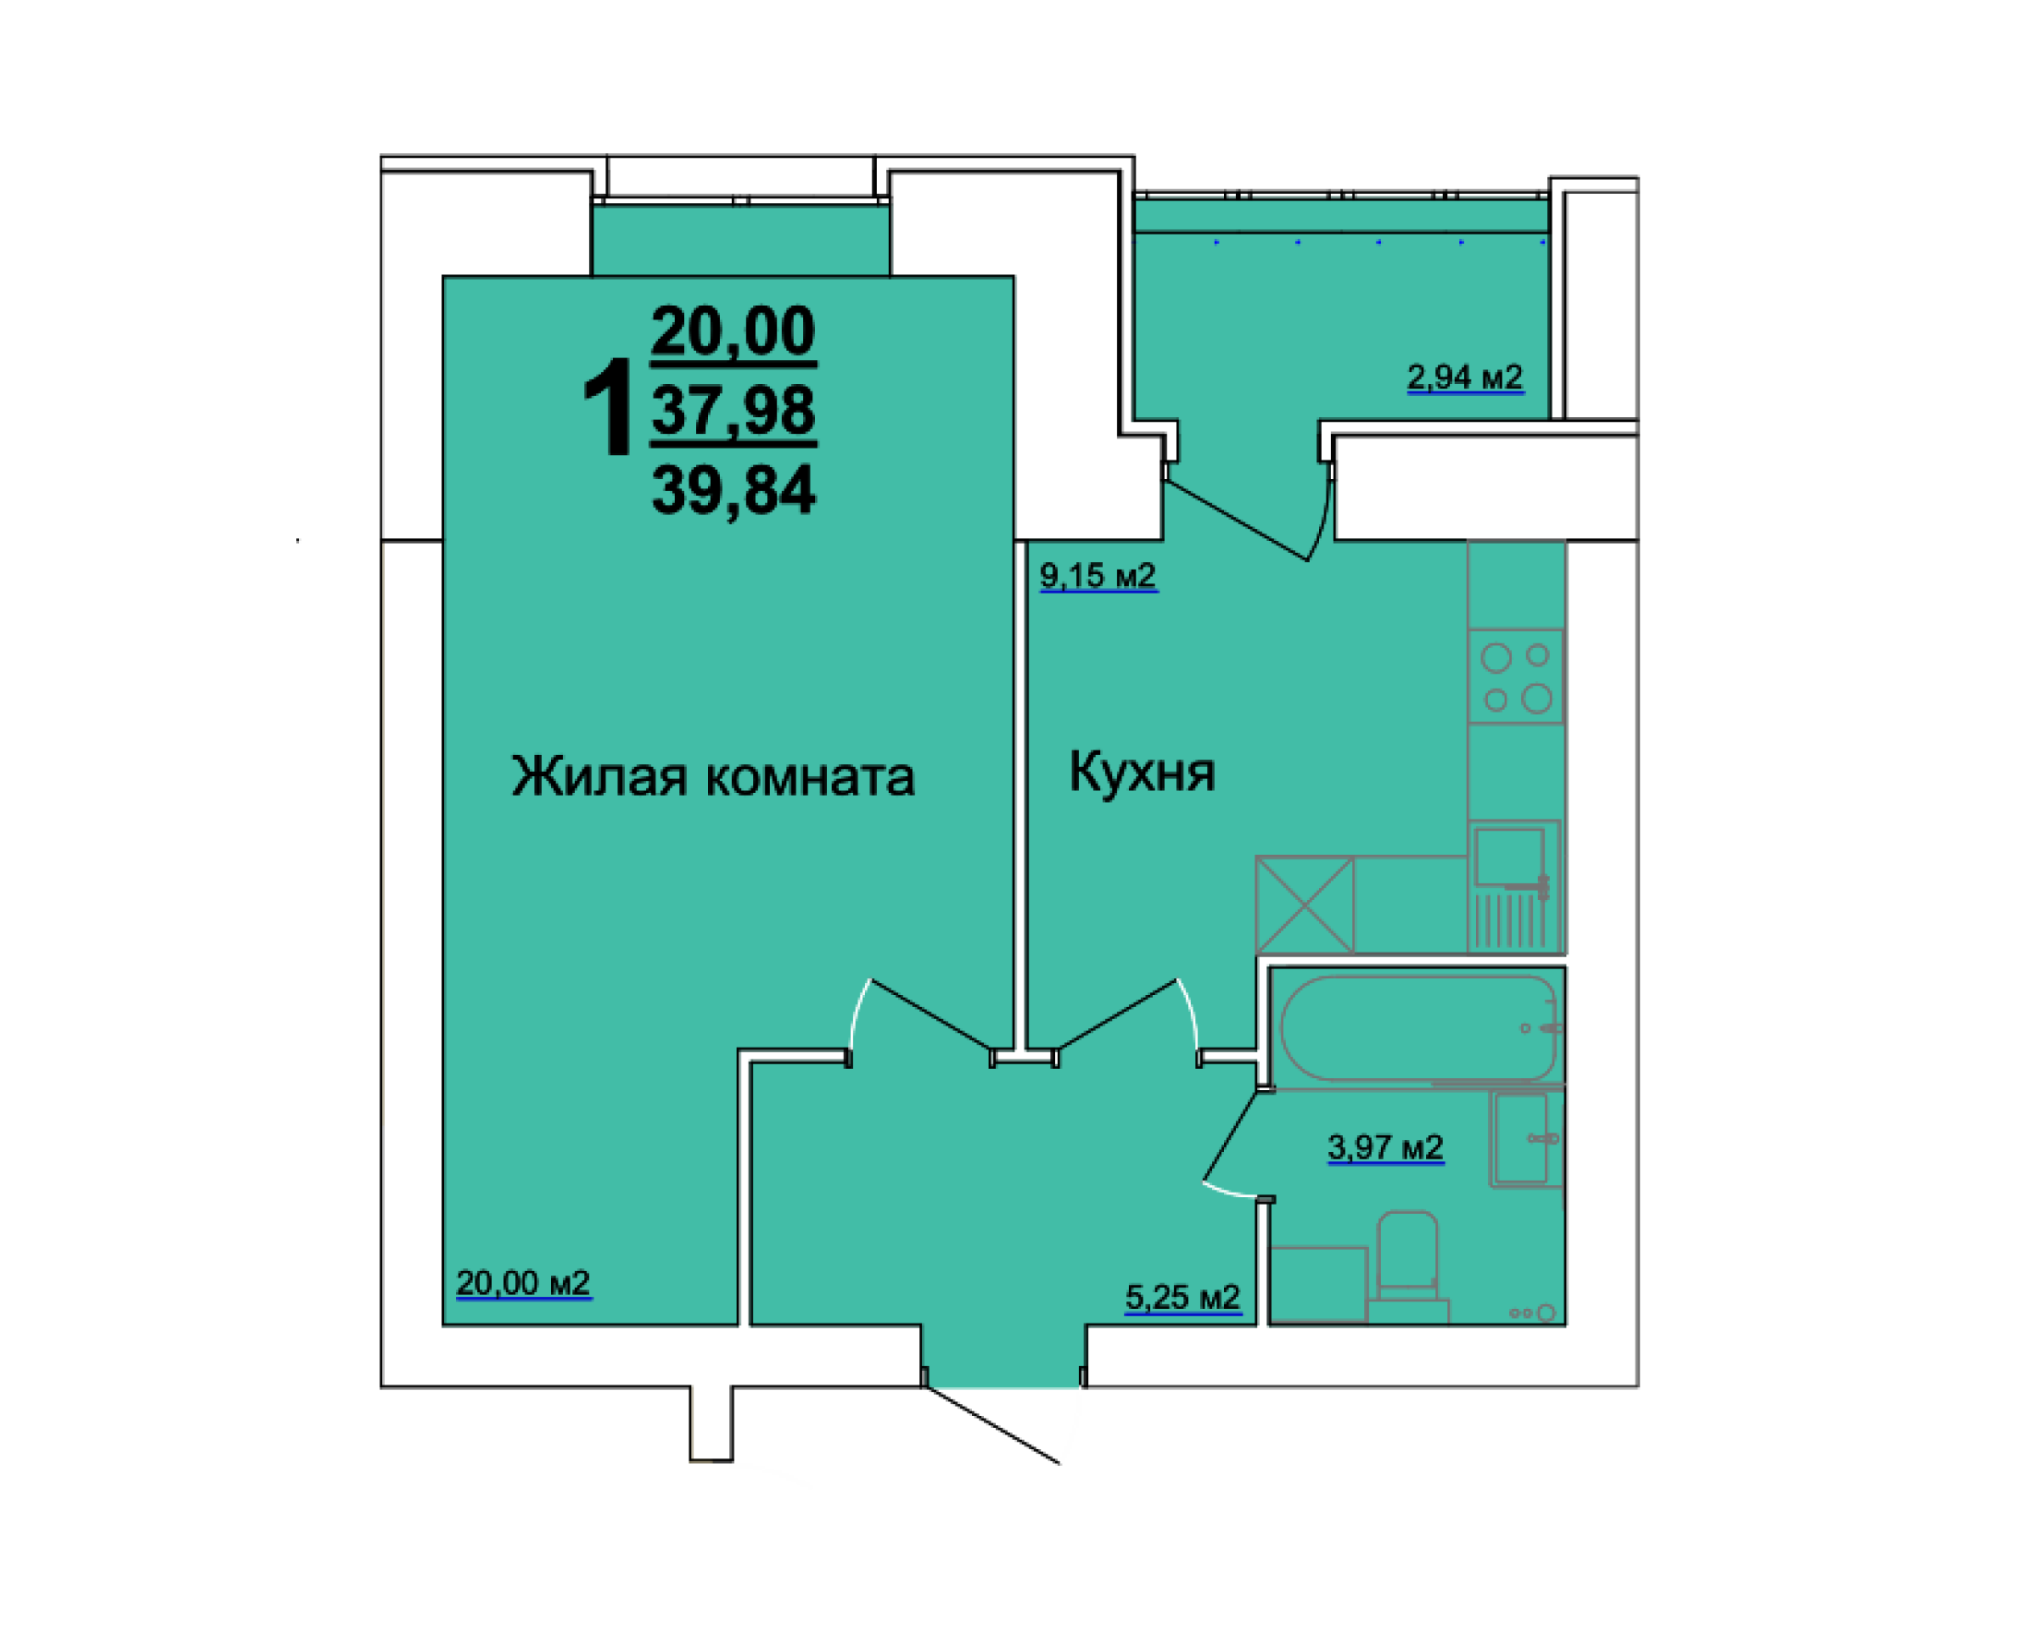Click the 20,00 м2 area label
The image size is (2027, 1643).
coord(522,1283)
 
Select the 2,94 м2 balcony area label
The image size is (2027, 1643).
coord(1464,377)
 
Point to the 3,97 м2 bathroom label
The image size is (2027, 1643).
coord(1385,1147)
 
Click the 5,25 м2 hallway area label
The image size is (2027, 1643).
coord(1181,1297)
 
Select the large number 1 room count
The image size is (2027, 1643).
coord(606,407)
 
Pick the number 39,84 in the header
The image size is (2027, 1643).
coord(734,490)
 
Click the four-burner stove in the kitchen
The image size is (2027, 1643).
coord(1515,677)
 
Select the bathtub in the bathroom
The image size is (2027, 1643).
coord(1417,1028)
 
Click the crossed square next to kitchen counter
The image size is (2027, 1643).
coord(1304,904)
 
